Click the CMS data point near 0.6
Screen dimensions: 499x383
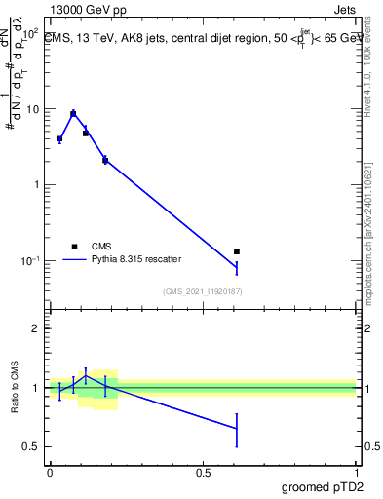[x=237, y=251]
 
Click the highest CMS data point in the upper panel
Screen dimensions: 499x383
[x=73, y=114]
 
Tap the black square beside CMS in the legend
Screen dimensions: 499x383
[x=74, y=247]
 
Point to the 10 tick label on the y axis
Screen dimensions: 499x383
[x=30, y=109]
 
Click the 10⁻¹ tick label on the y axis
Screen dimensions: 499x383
[x=28, y=260]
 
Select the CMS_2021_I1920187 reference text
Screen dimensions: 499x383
[x=202, y=291]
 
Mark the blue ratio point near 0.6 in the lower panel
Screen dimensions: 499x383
[x=237, y=428]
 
